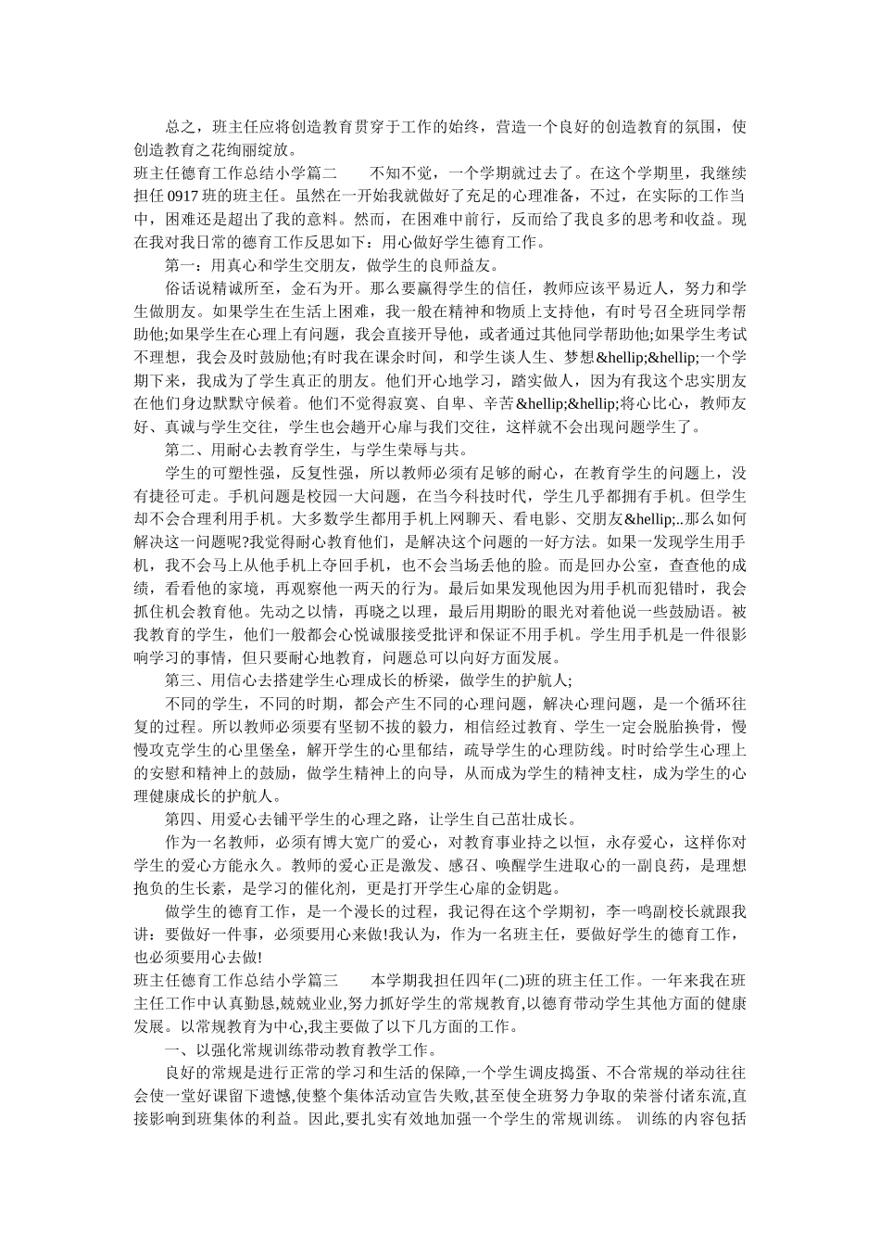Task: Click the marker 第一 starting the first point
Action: (x=181, y=266)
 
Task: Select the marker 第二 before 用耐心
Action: (x=181, y=450)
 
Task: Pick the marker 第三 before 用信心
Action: (x=181, y=680)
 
